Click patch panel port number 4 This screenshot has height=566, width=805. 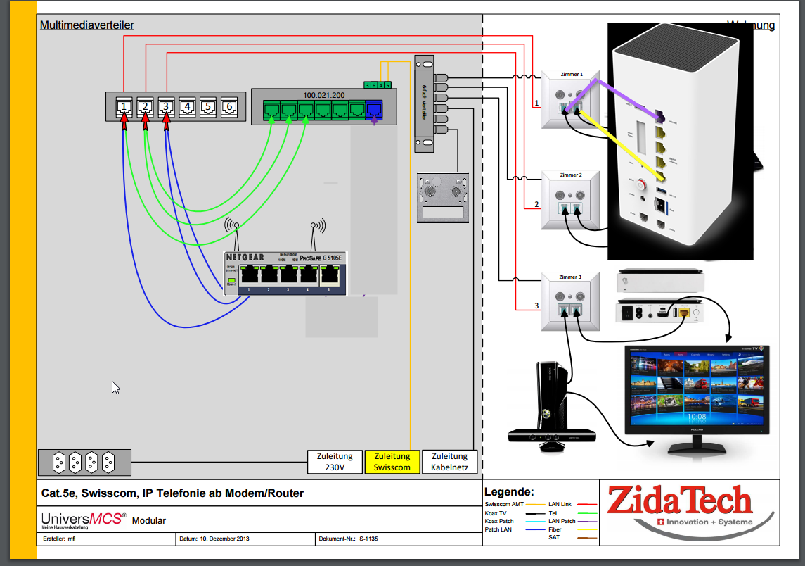pyautogui.click(x=187, y=107)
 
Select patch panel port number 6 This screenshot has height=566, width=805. pyautogui.click(x=229, y=107)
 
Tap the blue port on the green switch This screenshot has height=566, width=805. pyautogui.click(x=374, y=110)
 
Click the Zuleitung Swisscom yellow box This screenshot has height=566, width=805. pyautogui.click(x=392, y=462)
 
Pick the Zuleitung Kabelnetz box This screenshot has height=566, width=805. pyautogui.click(x=449, y=462)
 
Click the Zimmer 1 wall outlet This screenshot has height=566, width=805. pyautogui.click(x=570, y=99)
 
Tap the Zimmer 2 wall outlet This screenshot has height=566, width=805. pyautogui.click(x=570, y=201)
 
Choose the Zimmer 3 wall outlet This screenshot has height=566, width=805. pyautogui.click(x=570, y=301)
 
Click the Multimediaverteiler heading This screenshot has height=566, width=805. pyautogui.click(x=86, y=25)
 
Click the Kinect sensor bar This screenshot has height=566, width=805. pyautogui.click(x=552, y=435)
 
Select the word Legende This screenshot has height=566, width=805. pyautogui.click(x=509, y=492)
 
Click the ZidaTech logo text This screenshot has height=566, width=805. pyautogui.click(x=679, y=501)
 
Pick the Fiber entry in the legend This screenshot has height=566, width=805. pyautogui.click(x=555, y=529)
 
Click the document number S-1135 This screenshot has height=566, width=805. pyautogui.click(x=368, y=539)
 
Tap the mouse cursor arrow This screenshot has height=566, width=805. pyautogui.click(x=115, y=387)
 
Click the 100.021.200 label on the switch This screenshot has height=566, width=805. pyautogui.click(x=323, y=94)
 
